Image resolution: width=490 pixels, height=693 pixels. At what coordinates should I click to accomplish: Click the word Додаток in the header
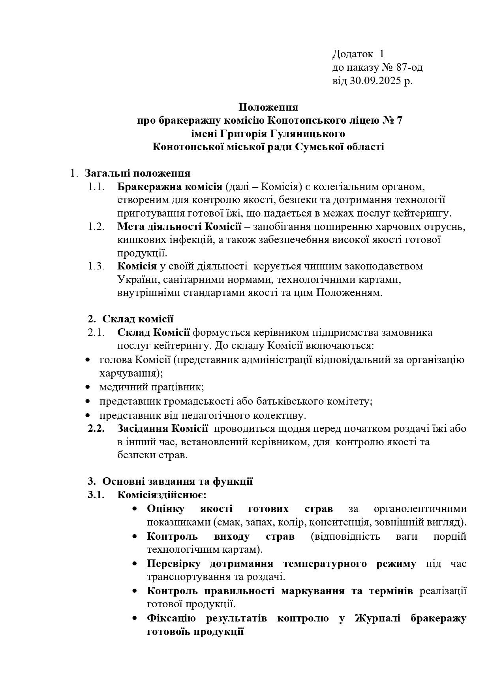[x=353, y=54]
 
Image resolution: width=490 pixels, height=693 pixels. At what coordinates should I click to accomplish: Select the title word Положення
[x=268, y=107]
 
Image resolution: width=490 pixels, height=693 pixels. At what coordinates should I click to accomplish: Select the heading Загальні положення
[x=138, y=173]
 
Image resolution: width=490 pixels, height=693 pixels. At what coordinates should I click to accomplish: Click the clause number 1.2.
[x=96, y=226]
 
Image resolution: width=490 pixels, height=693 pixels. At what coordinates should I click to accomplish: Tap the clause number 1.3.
[x=96, y=266]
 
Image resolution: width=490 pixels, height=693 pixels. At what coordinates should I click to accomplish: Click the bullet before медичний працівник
[x=88, y=388]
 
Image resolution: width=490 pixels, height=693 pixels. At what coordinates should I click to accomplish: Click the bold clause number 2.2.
[x=96, y=429]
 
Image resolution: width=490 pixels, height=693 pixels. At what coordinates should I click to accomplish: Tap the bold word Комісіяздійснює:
[x=162, y=495]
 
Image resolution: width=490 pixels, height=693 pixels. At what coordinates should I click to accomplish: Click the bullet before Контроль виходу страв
[x=135, y=537]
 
